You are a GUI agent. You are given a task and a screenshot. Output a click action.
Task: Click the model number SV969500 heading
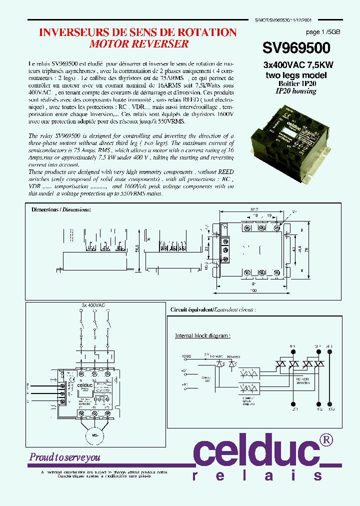[x=296, y=48]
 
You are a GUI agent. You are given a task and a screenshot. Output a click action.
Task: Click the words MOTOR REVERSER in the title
[x=138, y=44]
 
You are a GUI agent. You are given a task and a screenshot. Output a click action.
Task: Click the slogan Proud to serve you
[x=64, y=457]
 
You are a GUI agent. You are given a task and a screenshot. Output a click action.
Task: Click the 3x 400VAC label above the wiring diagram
[x=93, y=305]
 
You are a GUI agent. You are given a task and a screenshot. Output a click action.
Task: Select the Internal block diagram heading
[x=202, y=336]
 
